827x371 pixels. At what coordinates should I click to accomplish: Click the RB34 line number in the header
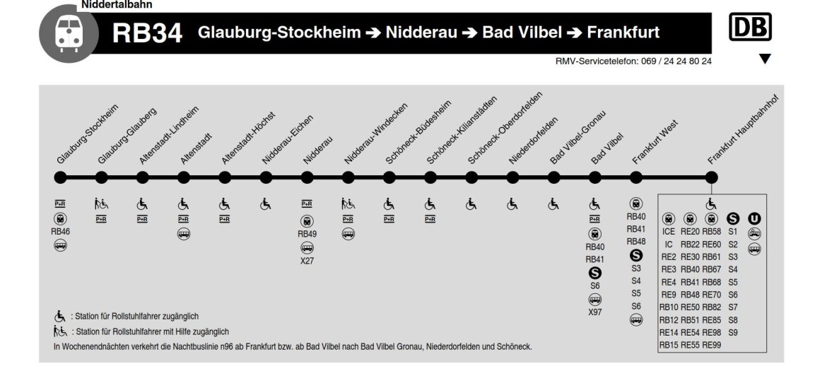click(x=147, y=33)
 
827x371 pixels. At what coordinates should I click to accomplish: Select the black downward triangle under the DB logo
click(x=764, y=60)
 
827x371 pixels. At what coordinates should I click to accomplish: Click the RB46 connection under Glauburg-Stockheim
click(x=61, y=231)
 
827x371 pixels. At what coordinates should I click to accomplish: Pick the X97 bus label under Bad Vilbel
click(x=595, y=312)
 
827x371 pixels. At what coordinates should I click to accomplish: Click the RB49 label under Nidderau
click(x=307, y=234)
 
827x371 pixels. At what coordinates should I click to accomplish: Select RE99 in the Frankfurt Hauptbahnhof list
click(x=712, y=345)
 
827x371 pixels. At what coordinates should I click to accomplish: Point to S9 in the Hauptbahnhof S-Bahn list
click(x=732, y=332)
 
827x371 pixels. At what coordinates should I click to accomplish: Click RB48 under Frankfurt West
click(x=636, y=242)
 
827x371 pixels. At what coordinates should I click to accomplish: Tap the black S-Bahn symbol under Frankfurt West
click(x=636, y=255)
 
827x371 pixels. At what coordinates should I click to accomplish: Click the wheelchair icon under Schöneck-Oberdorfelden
click(x=471, y=204)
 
